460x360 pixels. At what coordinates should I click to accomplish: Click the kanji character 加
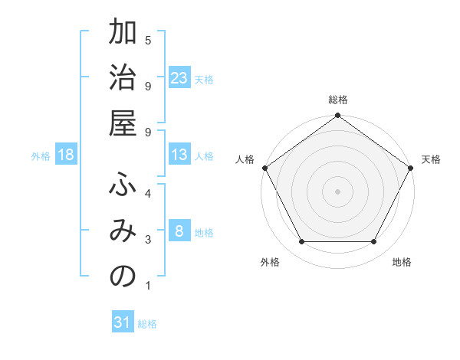tap(123, 34)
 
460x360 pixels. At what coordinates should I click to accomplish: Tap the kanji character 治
tap(123, 80)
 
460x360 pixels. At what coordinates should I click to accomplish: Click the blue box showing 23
tap(179, 78)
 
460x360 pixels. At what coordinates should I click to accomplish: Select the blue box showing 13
tap(179, 155)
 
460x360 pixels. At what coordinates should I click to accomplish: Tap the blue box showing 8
tap(179, 231)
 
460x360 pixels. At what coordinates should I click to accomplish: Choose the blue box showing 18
tap(66, 155)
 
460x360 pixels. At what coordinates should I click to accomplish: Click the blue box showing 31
tap(123, 322)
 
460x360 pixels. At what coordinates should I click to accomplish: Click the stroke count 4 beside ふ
tap(148, 192)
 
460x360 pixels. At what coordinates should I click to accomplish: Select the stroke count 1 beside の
tap(148, 286)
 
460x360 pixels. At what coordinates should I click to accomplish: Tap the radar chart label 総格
tap(337, 100)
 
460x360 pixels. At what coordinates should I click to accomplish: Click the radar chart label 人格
tap(245, 159)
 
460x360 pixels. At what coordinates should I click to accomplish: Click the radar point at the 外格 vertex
tap(301, 242)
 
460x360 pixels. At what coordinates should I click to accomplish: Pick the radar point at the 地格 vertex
tap(374, 242)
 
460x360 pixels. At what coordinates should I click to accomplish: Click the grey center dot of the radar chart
tap(337, 191)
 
